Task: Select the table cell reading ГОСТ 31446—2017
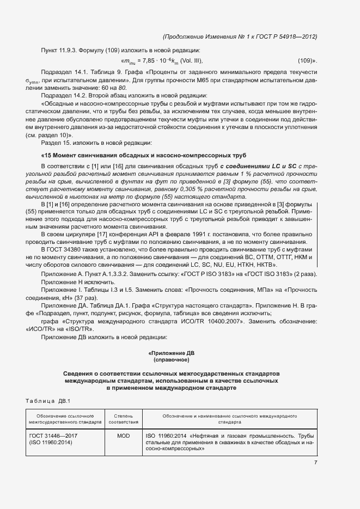click(x=53, y=436)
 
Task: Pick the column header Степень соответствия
click(x=124, y=419)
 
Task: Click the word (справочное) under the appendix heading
click(x=171, y=360)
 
